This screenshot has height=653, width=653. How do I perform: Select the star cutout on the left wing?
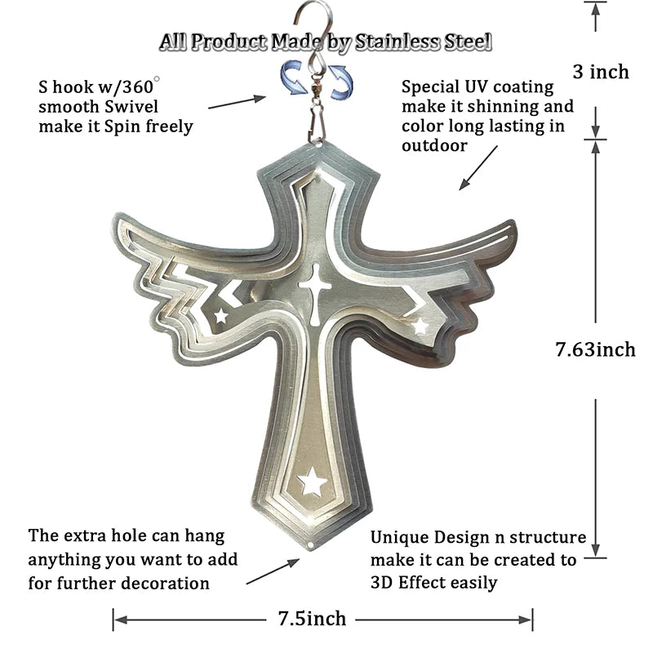pos(220,314)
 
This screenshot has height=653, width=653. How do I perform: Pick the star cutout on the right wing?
pos(420,326)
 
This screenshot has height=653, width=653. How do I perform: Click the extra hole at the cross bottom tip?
pos(315,544)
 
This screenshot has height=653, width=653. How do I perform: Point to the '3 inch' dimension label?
pos(601,72)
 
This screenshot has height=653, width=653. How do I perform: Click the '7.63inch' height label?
pos(595,349)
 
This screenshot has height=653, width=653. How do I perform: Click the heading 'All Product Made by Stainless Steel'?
pos(326,41)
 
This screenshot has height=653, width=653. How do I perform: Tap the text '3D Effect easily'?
pos(433,582)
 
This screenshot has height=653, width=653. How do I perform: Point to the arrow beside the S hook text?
pos(237,102)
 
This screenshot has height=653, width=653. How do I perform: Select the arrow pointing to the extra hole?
pos(272,572)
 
